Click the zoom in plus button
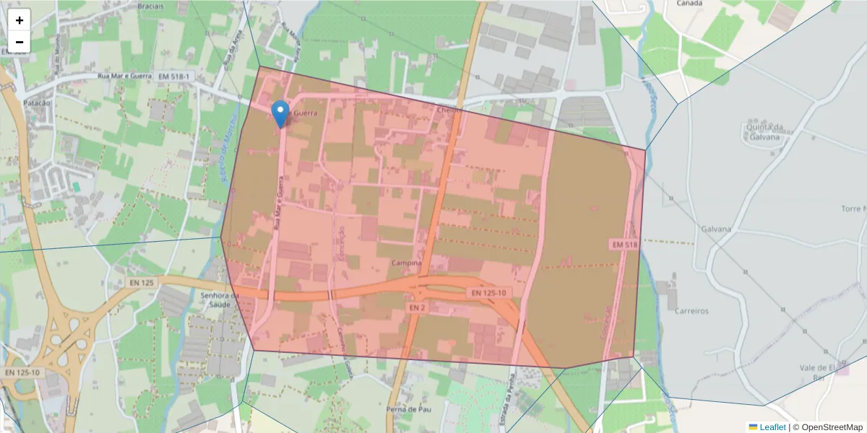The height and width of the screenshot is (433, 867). (20, 20)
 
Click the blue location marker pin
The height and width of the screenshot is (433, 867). (280, 114)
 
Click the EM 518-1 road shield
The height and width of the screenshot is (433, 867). (175, 76)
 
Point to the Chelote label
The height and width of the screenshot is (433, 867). (449, 110)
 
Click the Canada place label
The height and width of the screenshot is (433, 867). (689, 4)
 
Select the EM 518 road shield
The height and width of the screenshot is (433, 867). (625, 245)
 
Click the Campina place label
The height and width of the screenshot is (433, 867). (406, 263)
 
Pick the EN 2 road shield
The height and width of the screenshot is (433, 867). (416, 307)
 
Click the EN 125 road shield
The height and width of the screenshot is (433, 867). (142, 283)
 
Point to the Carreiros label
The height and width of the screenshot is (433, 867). (691, 311)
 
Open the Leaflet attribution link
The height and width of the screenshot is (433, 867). (772, 427)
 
